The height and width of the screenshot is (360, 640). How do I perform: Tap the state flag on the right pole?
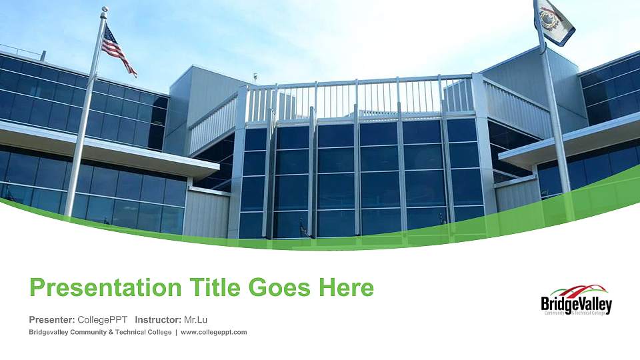click(x=555, y=21)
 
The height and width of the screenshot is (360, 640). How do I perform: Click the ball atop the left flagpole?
click(x=104, y=9)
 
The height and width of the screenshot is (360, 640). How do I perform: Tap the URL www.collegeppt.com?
click(x=214, y=332)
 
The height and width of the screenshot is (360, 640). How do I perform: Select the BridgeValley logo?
click(x=576, y=301)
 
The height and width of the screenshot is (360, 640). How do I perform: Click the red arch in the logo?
click(x=582, y=290)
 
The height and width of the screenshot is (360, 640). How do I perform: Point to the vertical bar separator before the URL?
click(x=176, y=332)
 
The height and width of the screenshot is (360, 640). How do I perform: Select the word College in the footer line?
click(x=158, y=332)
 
